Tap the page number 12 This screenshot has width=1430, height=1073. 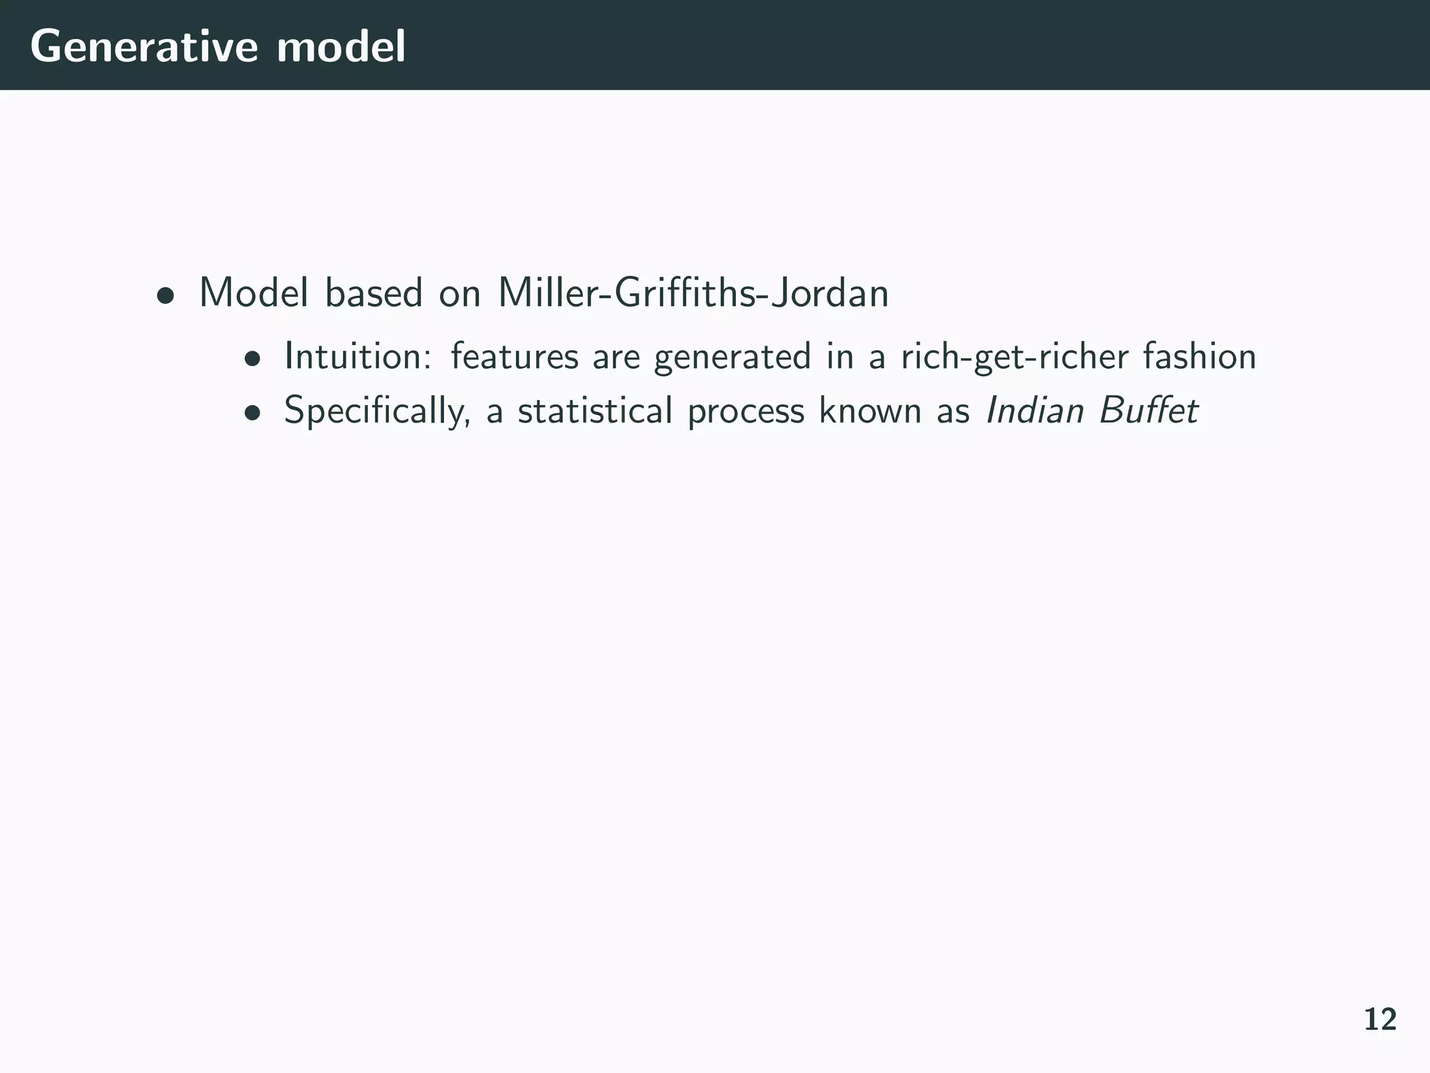coord(1380,1020)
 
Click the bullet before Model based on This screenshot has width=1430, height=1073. coord(165,295)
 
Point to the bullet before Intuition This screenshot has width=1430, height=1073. coord(253,360)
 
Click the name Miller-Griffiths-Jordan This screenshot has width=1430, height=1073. coord(693,293)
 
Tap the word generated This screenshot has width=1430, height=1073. coord(732,357)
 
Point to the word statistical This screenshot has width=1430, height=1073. coord(595,410)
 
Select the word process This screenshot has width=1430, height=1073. coord(746,411)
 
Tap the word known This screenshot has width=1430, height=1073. coord(870,410)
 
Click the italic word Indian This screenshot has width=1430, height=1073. coord(1034,410)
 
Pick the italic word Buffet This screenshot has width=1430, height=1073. coord(1149,410)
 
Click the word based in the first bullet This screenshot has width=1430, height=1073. coord(374,293)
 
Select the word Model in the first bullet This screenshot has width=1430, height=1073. coord(253,293)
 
